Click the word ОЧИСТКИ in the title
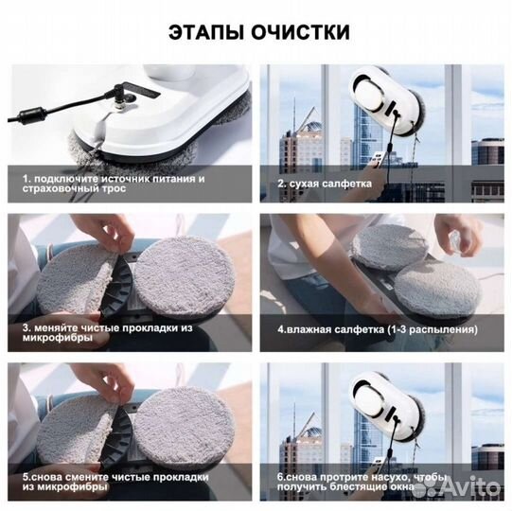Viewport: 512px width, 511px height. pyautogui.click(x=301, y=32)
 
